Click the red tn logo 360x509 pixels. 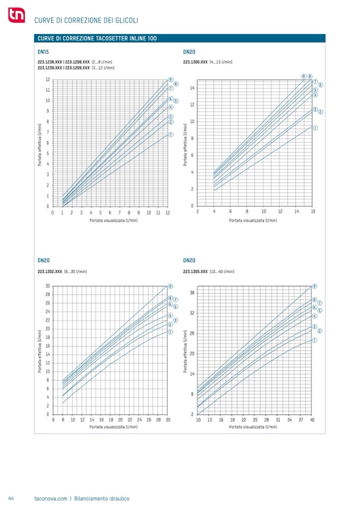pos(16,17)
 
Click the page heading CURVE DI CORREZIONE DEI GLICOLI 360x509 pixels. pos(86,20)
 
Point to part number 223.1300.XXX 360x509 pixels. pos(195,62)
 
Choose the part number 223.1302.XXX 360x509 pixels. pos(50,271)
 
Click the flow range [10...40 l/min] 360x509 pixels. pos(222,271)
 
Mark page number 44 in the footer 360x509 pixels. pos(11,498)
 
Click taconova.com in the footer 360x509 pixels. pos(50,498)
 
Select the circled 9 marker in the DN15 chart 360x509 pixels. pos(170,80)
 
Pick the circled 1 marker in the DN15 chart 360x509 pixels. pos(170,135)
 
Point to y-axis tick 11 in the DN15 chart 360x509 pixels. pos(48,90)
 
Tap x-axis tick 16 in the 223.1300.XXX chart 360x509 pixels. pos(313,211)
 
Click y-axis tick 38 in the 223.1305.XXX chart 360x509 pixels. pos(192,293)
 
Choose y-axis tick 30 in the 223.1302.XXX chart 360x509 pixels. pos(48,286)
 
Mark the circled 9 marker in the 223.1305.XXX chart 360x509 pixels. pos(315,286)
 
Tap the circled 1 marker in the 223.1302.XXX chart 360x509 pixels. pos(170,332)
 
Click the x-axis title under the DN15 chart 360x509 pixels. pos(113,220)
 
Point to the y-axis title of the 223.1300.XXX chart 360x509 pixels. pos(185,145)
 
